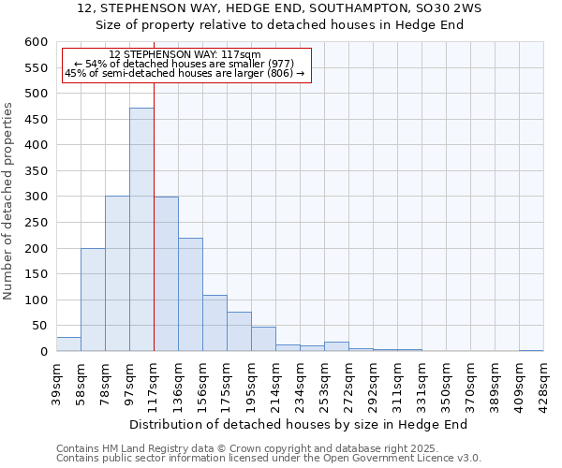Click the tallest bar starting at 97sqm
point(141,229)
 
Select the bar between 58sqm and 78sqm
point(93,300)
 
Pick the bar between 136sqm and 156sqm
point(190,295)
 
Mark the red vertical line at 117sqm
point(154,215)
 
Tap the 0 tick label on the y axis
point(43,352)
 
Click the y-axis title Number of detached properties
point(9,202)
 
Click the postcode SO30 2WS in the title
point(426,7)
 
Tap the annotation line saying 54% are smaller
point(185,64)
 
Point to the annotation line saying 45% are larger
point(185,73)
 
